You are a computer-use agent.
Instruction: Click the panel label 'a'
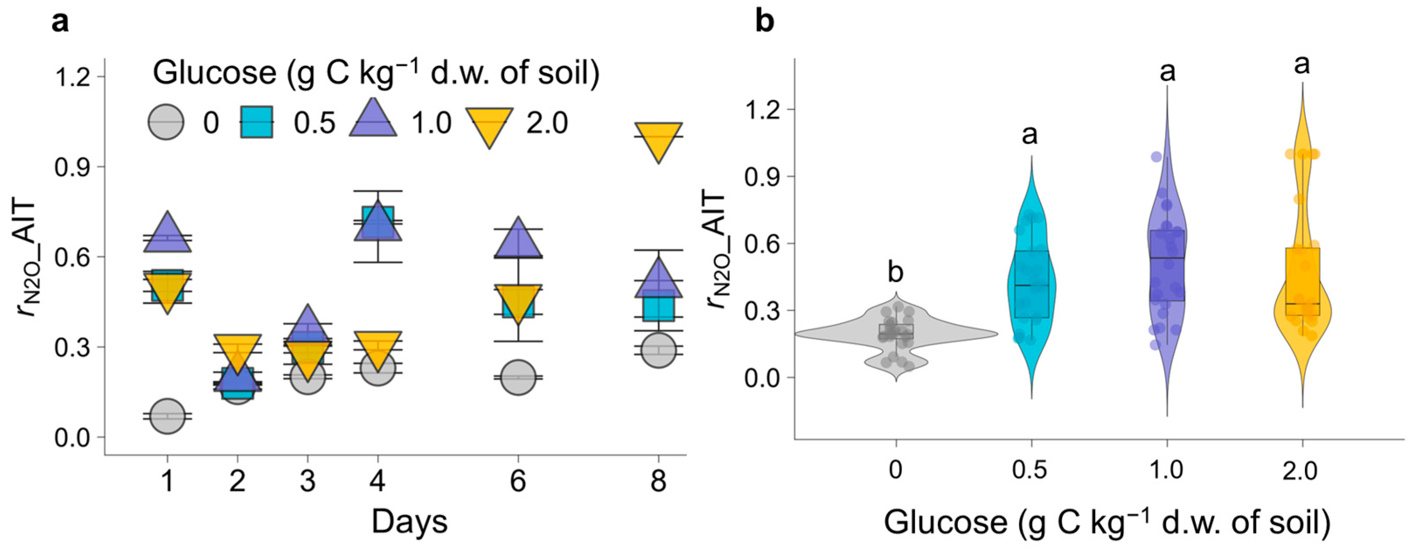point(60,24)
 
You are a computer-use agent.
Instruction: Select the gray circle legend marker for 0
point(166,122)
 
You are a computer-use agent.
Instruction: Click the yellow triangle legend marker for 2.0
point(489,125)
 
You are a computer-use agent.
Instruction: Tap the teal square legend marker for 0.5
point(257,122)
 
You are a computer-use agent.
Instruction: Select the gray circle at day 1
point(167,416)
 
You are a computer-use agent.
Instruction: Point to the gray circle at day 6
point(517,377)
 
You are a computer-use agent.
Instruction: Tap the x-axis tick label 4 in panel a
point(378,482)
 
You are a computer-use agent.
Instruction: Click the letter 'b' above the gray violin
point(895,273)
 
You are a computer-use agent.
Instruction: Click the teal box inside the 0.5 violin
point(1031,285)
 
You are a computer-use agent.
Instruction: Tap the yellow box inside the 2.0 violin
point(1302,282)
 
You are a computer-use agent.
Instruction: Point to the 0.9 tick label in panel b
point(762,177)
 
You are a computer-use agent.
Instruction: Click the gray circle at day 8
point(658,350)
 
